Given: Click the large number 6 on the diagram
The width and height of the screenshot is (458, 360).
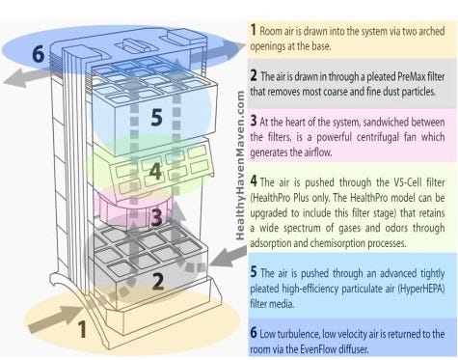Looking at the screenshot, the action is click(39, 54).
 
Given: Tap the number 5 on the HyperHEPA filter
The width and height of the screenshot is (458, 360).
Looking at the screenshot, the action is click(156, 117).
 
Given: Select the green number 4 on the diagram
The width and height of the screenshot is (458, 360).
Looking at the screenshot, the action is click(155, 171).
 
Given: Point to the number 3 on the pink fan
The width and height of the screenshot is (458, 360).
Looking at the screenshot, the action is click(156, 216).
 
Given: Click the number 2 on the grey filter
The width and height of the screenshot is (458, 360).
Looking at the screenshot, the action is click(158, 282).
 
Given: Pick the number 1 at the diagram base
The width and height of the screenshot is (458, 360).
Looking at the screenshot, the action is click(82, 329).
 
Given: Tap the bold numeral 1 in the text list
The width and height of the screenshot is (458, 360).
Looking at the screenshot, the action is click(254, 30).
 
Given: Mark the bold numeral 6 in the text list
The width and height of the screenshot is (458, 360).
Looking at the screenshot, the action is click(254, 332).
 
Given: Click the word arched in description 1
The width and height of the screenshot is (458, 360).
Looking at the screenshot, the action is click(432, 31).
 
